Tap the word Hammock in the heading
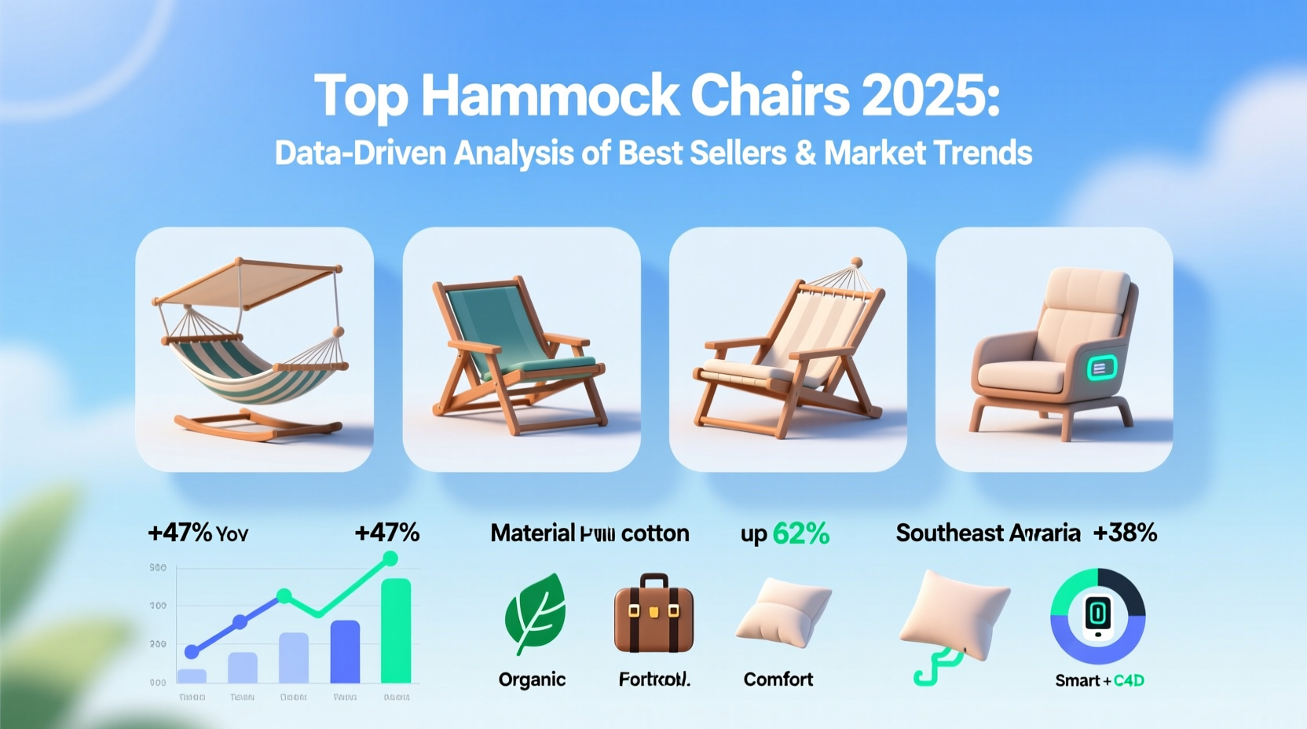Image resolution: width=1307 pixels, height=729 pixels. [x=550, y=96]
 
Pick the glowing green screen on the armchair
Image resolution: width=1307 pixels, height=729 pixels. [x=1101, y=368]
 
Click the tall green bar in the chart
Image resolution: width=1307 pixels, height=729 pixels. [x=396, y=630]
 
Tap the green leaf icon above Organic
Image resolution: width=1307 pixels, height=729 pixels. [x=536, y=613]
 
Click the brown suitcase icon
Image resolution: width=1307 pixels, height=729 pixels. [x=653, y=614]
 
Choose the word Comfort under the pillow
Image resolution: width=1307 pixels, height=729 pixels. [x=778, y=679]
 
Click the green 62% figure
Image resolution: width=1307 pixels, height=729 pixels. [x=800, y=534]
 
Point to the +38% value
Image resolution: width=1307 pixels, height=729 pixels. [x=1125, y=533]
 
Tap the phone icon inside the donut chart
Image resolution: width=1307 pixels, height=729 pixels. [x=1098, y=614]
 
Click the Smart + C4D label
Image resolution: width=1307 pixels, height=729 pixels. [x=1099, y=680]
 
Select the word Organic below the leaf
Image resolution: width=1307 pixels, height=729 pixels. [x=532, y=680]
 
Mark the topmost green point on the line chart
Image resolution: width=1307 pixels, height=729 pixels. [x=390, y=559]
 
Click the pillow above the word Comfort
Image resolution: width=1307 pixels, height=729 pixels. [x=783, y=613]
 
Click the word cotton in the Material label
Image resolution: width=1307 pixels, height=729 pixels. [x=654, y=533]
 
